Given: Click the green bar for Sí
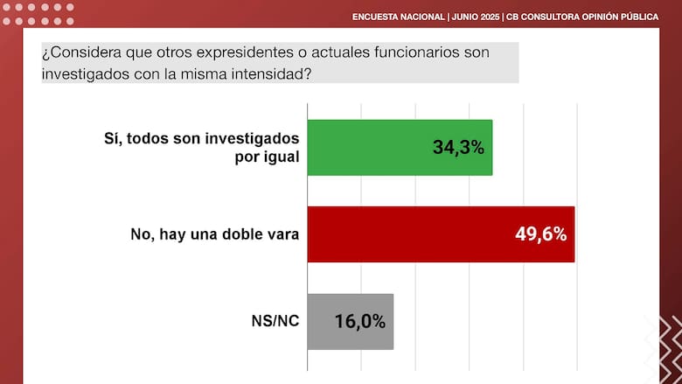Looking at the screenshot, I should pyautogui.click(x=400, y=147).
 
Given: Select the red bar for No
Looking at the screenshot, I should pyautogui.click(x=441, y=234).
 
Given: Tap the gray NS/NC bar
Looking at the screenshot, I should pyautogui.click(x=350, y=321).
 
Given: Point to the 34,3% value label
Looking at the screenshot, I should pyautogui.click(x=458, y=147).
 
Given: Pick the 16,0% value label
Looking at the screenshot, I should pyautogui.click(x=360, y=321).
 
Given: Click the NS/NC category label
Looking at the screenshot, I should pyautogui.click(x=275, y=321).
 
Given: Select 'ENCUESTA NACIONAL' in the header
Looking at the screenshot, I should pyautogui.click(x=398, y=17).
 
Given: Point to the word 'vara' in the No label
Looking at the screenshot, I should pyautogui.click(x=283, y=234).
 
